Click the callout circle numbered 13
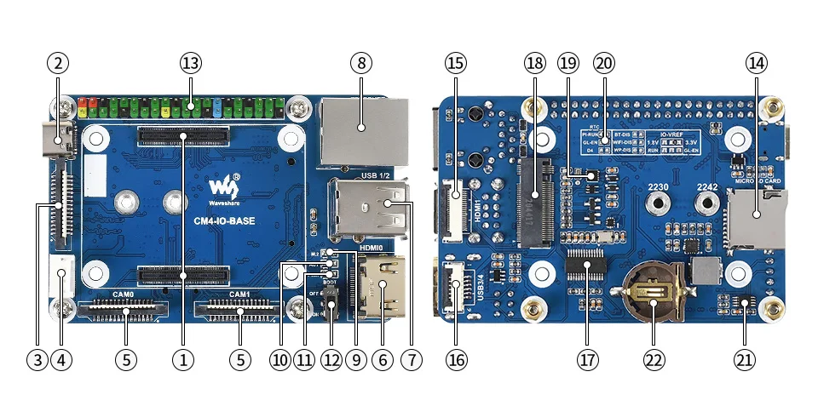(x=190, y=63)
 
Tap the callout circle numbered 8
(x=360, y=63)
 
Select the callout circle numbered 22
(x=654, y=360)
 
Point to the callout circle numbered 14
(x=757, y=63)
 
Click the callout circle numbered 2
(x=58, y=63)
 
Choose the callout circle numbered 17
(x=586, y=360)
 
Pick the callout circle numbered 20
(x=604, y=63)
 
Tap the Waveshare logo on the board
(x=224, y=188)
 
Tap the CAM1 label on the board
(x=239, y=294)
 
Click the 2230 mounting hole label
(x=660, y=186)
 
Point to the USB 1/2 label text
(x=374, y=175)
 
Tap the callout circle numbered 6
(x=382, y=360)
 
